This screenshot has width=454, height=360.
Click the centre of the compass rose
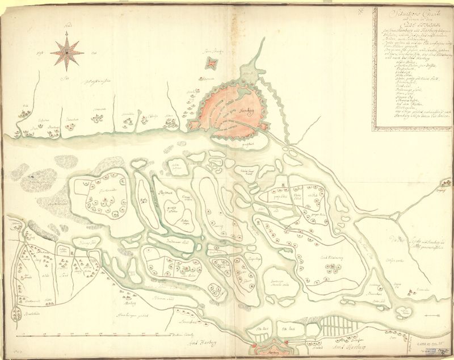(x=67, y=52)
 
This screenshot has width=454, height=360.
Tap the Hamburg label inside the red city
(x=246, y=111)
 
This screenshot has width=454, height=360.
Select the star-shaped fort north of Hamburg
(x=212, y=63)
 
